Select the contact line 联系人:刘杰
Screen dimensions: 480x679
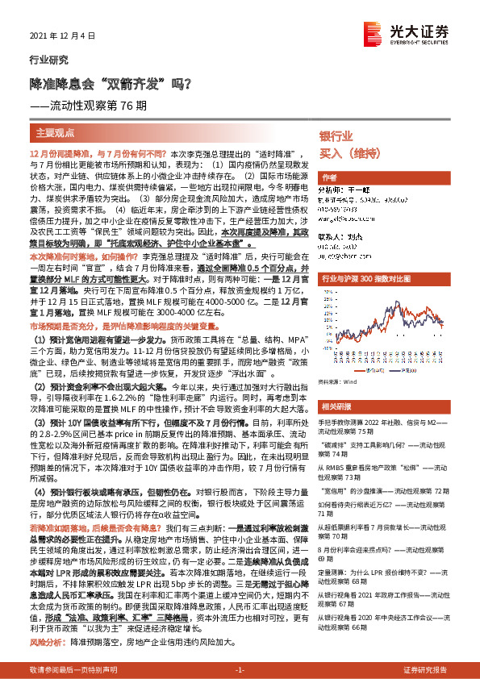[343, 237]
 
